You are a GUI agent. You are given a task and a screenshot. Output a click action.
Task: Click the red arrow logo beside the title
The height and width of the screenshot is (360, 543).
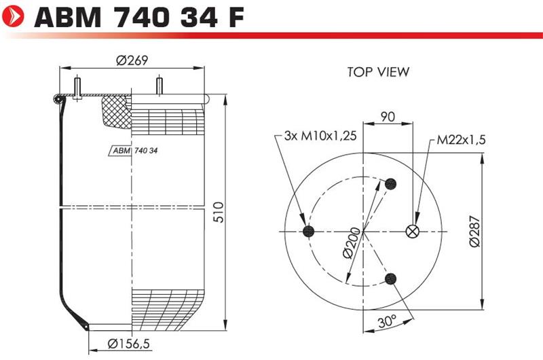tap(13, 16)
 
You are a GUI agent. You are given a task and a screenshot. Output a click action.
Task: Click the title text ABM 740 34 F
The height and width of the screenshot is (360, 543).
tap(139, 17)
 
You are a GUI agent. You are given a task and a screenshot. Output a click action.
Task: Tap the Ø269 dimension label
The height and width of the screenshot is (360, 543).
tap(132, 60)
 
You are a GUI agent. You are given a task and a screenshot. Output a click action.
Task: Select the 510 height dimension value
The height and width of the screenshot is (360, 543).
tap(219, 212)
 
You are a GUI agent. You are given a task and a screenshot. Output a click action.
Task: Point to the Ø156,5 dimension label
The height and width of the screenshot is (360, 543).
tap(128, 344)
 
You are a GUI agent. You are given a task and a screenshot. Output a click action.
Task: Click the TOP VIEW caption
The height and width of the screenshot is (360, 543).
tap(378, 72)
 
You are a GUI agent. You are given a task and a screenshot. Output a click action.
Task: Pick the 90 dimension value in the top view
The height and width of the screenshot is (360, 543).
tap(388, 117)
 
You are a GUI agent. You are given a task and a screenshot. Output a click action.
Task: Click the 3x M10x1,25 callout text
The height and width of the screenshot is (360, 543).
tap(320, 135)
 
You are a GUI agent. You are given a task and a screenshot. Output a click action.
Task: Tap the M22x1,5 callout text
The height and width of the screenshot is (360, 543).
tap(461, 140)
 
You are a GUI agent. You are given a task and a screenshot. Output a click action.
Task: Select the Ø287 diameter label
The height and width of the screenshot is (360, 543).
tap(475, 231)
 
